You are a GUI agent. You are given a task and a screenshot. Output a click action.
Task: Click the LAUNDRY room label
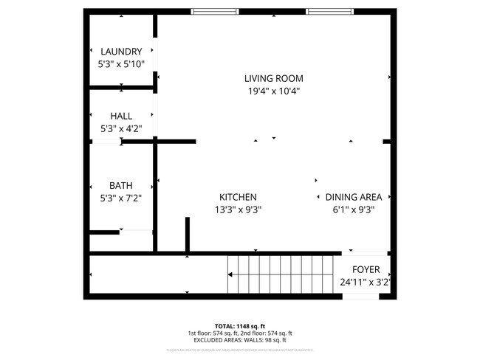pyautogui.click(x=121, y=52)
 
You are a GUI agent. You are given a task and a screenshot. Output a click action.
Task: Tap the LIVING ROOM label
pyautogui.click(x=273, y=78)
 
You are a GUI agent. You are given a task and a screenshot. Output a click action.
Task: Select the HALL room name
pyautogui.click(x=121, y=116)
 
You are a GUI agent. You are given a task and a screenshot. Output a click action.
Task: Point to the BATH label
pyautogui.click(x=121, y=185)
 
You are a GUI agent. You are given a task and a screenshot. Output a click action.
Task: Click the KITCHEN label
pyautogui.click(x=238, y=197)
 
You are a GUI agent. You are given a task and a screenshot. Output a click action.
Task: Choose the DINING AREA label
pyautogui.click(x=354, y=197)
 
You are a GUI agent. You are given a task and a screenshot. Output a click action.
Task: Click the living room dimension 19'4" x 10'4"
pyautogui.click(x=273, y=91)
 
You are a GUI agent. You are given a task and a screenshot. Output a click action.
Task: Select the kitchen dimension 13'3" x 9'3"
pyautogui.click(x=238, y=210)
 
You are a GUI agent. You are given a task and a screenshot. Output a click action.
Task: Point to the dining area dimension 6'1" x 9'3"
pyautogui.click(x=354, y=210)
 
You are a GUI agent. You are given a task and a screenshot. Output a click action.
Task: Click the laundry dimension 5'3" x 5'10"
pyautogui.click(x=121, y=64)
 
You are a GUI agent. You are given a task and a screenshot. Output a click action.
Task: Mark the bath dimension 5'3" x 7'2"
pyautogui.click(x=121, y=198)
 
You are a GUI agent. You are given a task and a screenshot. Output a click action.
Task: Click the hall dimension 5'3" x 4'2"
pyautogui.click(x=121, y=128)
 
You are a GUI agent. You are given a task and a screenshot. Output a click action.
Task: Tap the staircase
pyautogui.click(x=281, y=274)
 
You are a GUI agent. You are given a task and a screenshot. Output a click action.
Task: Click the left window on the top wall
pyautogui.click(x=213, y=11)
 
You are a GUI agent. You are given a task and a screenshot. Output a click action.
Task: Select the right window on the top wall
pyautogui.click(x=329, y=11)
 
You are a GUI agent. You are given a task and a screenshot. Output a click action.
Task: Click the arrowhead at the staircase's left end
pyautogui.click(x=231, y=274)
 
